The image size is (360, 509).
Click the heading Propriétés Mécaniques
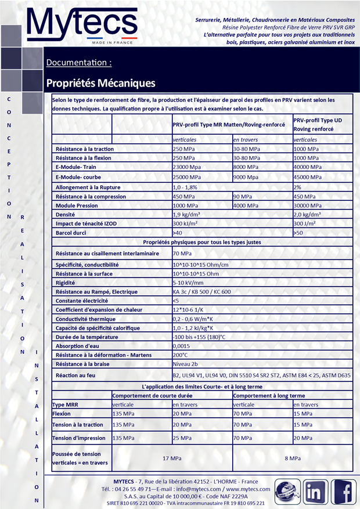pos(100,83)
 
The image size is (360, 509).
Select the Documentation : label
pos(79,62)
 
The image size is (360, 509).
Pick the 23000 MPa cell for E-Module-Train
pos(187,167)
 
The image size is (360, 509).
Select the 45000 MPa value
pos(308,177)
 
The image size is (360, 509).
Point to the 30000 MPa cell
pos(308,205)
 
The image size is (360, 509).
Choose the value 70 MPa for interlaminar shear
pos(182,253)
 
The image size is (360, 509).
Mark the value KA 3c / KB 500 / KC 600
pos(201,292)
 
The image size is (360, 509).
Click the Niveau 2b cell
pos(186,364)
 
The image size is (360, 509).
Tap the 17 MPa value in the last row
pos(172,459)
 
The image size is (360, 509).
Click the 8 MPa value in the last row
pos(293,459)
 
